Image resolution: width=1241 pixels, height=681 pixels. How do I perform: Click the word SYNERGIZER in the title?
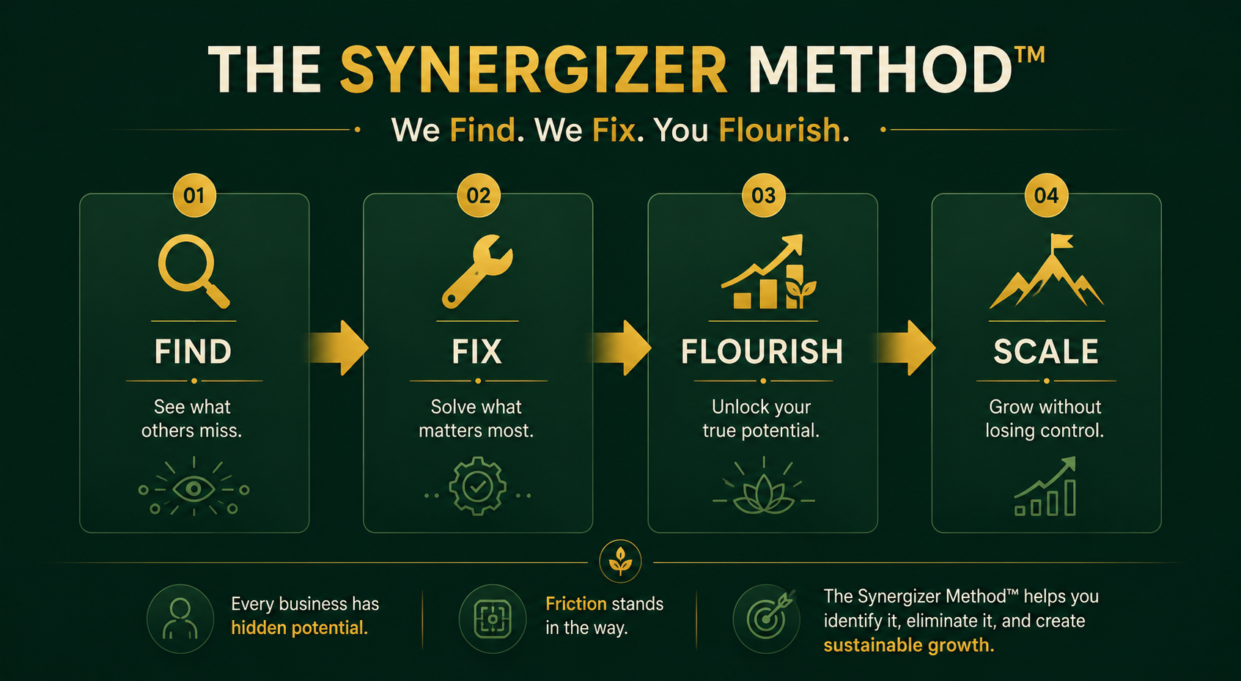pos(533,70)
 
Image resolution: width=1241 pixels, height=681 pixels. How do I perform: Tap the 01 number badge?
pos(194,195)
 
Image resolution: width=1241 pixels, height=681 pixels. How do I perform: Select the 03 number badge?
pos(763,195)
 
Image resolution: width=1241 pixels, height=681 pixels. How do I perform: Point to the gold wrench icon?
pos(478,271)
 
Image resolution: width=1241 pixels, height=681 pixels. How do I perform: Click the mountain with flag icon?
pos(1047,270)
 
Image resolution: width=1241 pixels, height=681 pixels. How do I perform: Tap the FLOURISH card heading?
pos(762,351)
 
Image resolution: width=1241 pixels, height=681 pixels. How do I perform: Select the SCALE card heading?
pos(1046,351)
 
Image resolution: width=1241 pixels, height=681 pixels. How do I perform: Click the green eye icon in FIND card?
pos(194,487)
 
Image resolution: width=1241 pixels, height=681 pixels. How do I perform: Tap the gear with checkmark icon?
pos(478,487)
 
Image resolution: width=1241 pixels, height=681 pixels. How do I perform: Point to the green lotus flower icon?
pos(763,487)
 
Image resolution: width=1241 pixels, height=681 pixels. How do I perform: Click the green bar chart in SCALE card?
pos(1045,487)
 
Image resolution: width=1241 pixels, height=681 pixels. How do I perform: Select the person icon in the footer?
pos(180,619)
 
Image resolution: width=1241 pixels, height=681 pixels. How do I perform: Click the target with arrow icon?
pos(767,618)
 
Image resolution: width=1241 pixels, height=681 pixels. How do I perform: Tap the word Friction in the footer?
pos(576,604)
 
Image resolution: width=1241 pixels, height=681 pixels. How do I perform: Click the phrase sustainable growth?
pos(909,646)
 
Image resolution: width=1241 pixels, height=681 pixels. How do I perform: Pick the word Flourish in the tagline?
pos(784,130)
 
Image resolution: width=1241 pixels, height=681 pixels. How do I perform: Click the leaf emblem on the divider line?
pos(620,562)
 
